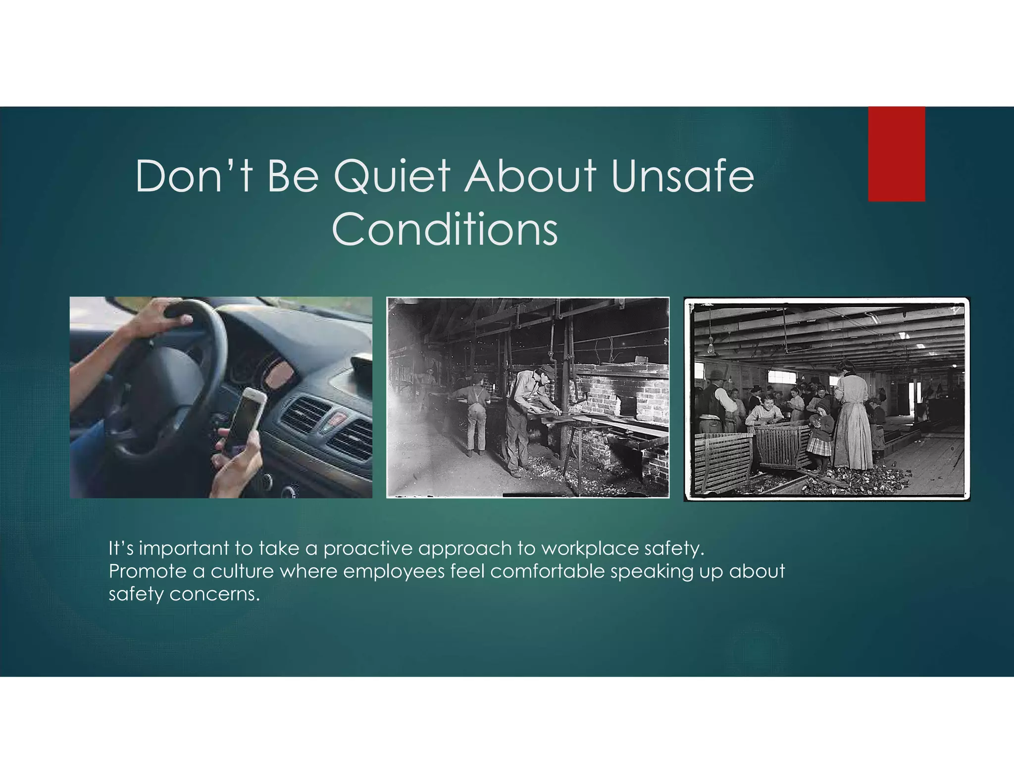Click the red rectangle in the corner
896,154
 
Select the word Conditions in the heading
445,229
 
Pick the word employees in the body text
394,571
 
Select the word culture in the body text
242,571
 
